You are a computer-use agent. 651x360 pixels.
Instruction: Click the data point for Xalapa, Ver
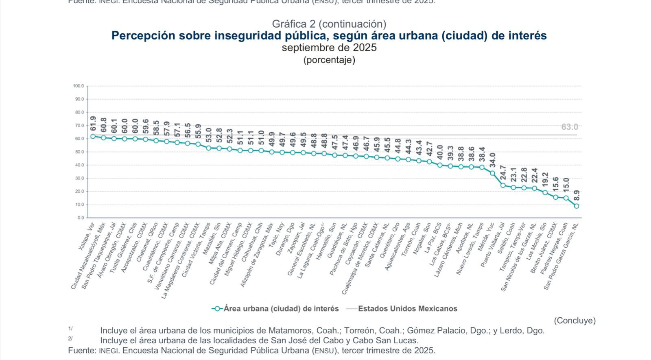(x=93, y=136)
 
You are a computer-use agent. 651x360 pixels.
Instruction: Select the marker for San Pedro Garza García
(x=577, y=206)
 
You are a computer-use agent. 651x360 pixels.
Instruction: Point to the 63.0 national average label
(x=570, y=127)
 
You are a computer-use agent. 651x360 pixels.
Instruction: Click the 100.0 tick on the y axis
(x=79, y=86)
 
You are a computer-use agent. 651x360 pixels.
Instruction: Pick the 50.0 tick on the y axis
(x=79, y=152)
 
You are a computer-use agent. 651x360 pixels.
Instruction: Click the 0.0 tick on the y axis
(x=81, y=218)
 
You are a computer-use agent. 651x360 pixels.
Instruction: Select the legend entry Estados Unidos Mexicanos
(x=407, y=309)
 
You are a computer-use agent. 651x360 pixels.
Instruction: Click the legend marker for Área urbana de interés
(x=217, y=309)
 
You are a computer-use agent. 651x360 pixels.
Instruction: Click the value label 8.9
(x=577, y=196)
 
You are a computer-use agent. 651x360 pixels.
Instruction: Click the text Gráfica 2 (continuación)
(x=329, y=24)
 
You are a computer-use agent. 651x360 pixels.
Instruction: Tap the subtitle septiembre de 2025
(x=329, y=48)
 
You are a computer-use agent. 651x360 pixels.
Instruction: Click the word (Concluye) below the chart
(x=575, y=321)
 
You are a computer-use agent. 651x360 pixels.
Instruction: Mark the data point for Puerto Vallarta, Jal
(x=503, y=185)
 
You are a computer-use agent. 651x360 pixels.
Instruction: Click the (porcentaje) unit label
(x=329, y=60)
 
